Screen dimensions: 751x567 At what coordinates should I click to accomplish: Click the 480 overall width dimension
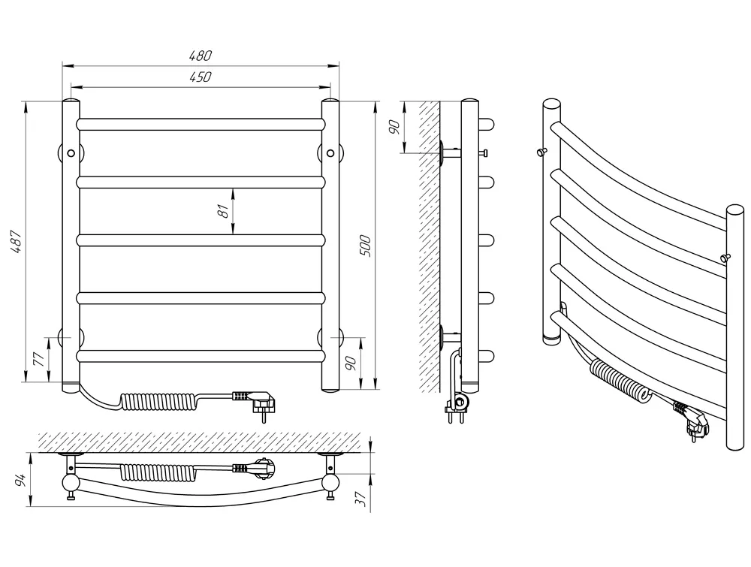[x=201, y=56]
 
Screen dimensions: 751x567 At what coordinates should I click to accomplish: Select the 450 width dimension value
[x=201, y=77]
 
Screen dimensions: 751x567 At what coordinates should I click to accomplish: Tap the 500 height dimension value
[x=366, y=246]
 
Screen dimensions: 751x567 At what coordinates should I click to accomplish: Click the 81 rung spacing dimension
[x=223, y=211]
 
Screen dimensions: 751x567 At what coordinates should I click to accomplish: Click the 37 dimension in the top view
[x=363, y=499]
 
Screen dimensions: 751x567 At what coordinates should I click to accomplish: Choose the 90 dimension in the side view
[x=395, y=128]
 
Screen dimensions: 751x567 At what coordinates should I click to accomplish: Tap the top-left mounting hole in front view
[x=71, y=153]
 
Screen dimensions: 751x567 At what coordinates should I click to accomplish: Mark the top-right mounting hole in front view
[x=330, y=153]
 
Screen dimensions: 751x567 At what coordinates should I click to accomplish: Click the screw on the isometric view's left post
[x=542, y=152]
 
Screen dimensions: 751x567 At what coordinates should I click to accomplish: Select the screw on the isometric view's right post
[x=726, y=258]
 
